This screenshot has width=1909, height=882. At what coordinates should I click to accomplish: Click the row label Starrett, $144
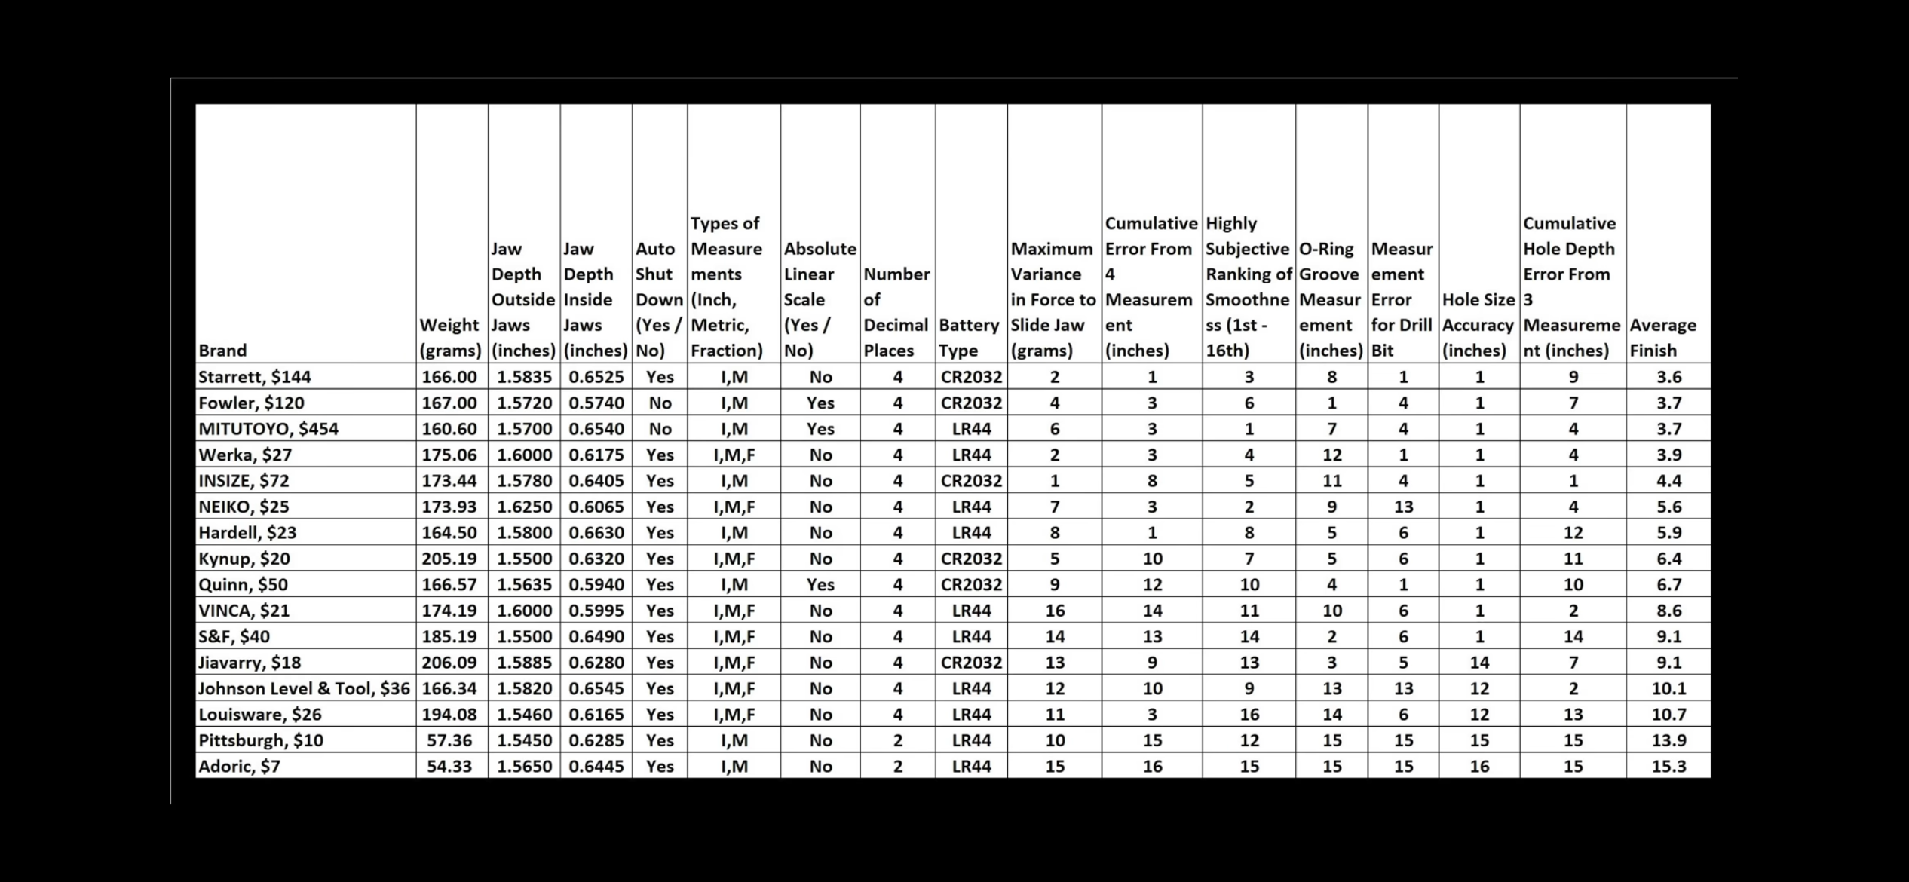[254, 377]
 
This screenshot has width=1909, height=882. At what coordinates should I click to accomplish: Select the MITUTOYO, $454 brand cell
[268, 429]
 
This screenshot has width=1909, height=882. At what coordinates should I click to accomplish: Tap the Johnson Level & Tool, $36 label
[304, 688]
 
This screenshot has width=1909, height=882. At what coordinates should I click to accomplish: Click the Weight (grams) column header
[449, 338]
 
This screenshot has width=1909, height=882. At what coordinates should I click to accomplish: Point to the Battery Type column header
[969, 338]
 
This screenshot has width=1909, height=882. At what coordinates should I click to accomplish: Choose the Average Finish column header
[1662, 338]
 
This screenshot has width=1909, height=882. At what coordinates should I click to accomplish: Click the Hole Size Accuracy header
[1478, 325]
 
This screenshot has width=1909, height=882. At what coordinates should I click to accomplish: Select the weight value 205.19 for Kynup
[449, 559]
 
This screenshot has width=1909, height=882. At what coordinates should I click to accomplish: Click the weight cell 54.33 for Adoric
[449, 767]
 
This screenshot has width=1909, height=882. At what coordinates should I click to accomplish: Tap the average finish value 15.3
[1668, 767]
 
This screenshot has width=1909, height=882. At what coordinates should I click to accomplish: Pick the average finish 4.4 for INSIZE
[1668, 481]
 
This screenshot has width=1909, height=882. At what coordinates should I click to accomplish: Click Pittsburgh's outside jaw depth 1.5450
[524, 740]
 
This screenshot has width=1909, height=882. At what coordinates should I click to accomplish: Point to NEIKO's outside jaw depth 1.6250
[524, 507]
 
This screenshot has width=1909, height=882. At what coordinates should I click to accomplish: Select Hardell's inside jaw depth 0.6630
[596, 533]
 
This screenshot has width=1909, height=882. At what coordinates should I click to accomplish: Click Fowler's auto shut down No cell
[660, 403]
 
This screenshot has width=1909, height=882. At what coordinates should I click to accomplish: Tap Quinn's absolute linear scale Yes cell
[820, 585]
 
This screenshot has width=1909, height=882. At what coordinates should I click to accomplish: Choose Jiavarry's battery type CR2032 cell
[971, 663]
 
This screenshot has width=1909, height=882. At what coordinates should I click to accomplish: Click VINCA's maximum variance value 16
[1055, 611]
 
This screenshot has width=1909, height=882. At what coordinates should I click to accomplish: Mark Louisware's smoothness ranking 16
[1249, 715]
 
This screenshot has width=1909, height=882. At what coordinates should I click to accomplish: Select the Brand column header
[222, 351]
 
